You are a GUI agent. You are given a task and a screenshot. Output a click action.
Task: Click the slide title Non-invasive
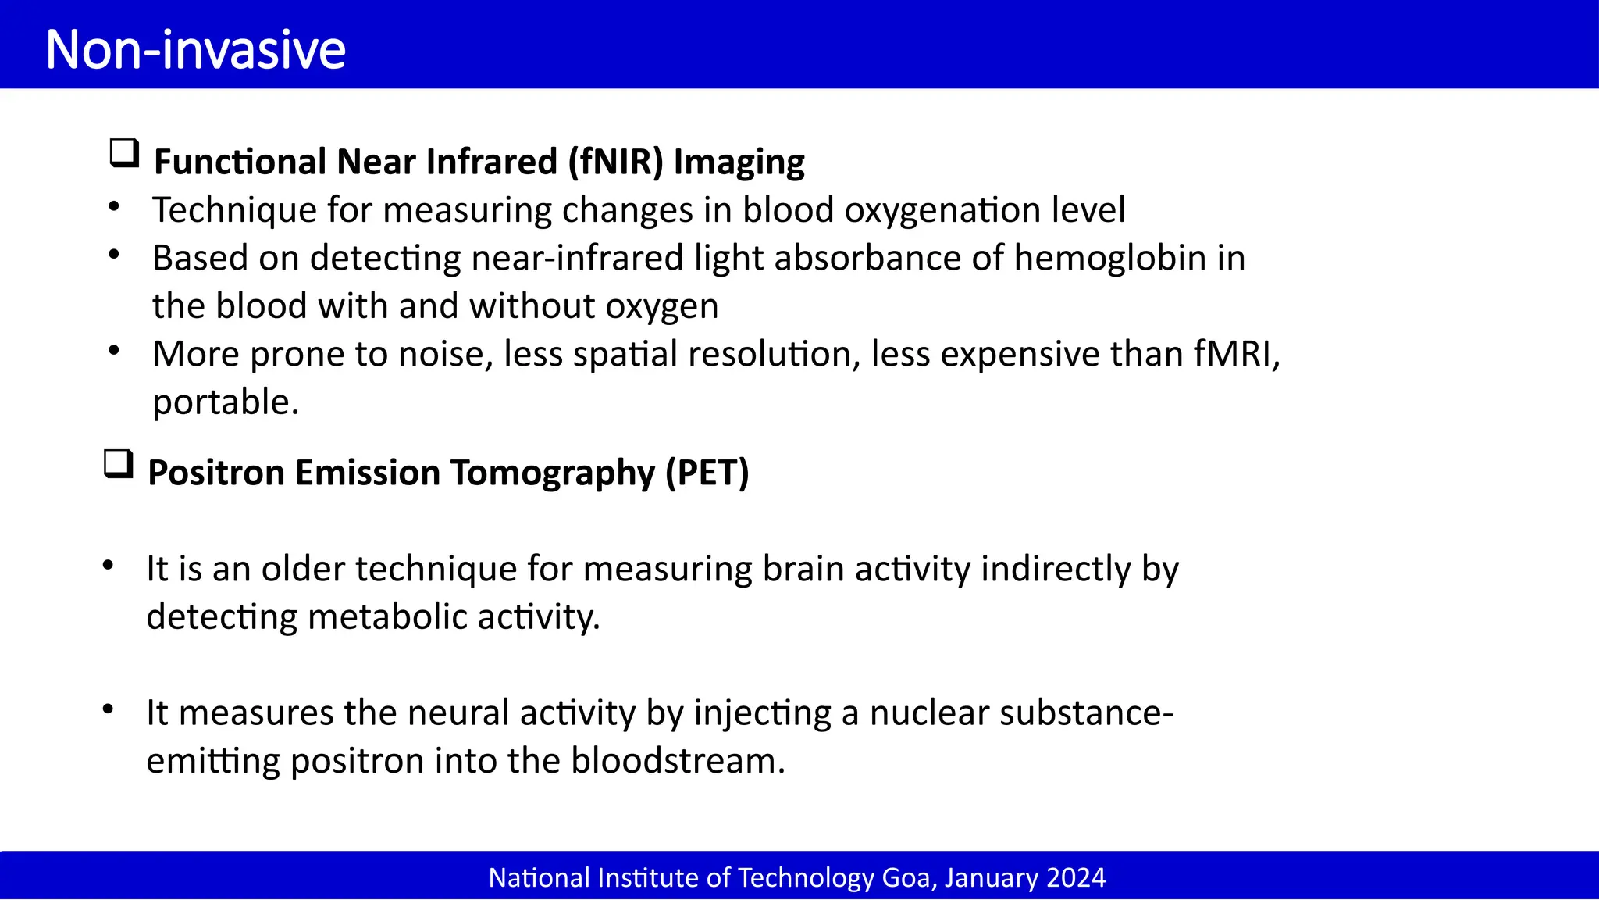coord(195,50)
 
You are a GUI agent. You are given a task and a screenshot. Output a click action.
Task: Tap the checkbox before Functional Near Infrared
coord(124,153)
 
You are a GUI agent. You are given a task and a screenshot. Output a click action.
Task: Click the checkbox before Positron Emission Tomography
coord(119,464)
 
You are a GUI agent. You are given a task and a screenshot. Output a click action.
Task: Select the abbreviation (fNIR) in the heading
coord(615,162)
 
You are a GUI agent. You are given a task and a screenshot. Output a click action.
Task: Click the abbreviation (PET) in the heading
coord(707,473)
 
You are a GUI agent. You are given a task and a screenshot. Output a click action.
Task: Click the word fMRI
coord(1237,354)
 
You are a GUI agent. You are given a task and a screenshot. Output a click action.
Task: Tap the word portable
coord(225,402)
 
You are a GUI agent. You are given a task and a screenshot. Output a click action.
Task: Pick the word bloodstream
coord(677,761)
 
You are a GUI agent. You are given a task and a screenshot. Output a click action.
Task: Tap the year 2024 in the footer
coord(1076,878)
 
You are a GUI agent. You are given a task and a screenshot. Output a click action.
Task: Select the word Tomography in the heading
coord(553,473)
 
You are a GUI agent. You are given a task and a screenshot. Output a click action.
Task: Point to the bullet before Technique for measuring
coord(114,207)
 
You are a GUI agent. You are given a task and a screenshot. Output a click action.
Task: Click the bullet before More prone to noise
coord(114,351)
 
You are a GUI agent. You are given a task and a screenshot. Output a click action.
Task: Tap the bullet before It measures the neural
coord(108,709)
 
